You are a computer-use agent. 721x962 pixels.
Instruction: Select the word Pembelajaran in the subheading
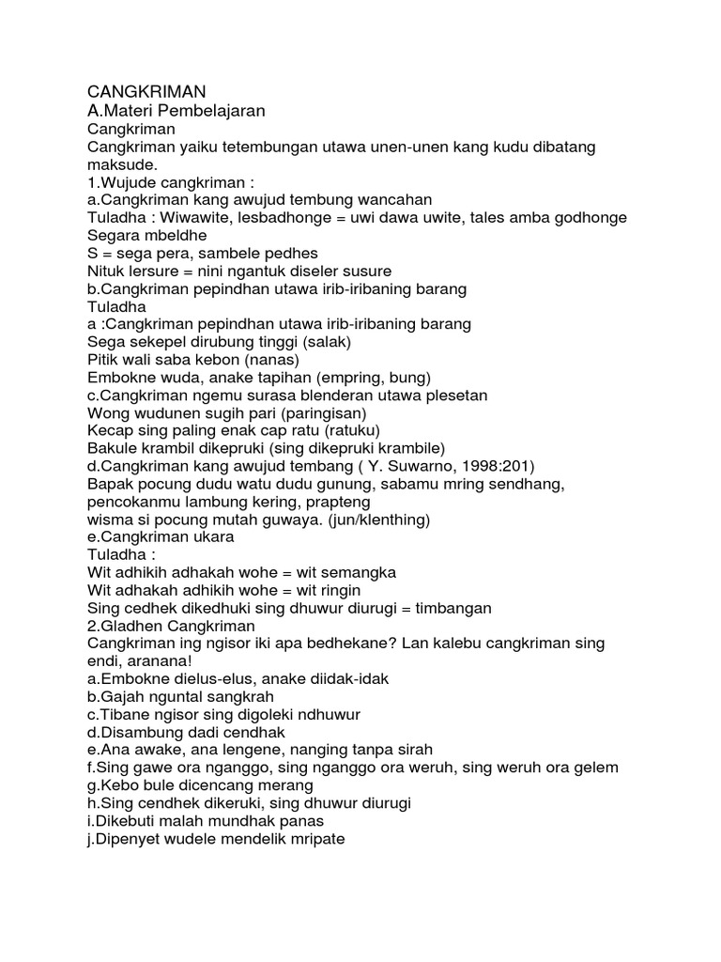pos(213,112)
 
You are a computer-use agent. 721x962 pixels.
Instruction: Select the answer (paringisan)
pos(329,412)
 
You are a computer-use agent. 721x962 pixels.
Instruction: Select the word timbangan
pos(447,608)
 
